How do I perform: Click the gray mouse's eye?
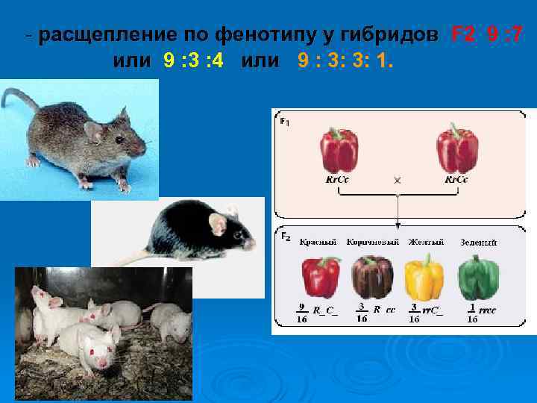click(x=119, y=139)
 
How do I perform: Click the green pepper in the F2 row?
click(x=478, y=278)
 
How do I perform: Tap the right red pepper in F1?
click(x=456, y=150)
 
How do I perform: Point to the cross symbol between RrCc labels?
click(x=397, y=181)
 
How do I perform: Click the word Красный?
click(x=318, y=242)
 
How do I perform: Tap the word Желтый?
click(x=426, y=242)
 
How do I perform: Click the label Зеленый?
click(x=478, y=243)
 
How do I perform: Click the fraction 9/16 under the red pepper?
click(x=302, y=312)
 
